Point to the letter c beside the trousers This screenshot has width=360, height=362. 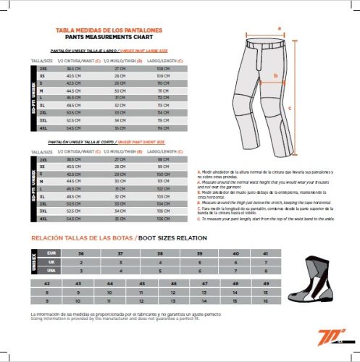[x=290, y=106]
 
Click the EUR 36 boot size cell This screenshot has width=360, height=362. [x=80, y=253]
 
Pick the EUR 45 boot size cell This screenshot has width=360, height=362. [x=141, y=284]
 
